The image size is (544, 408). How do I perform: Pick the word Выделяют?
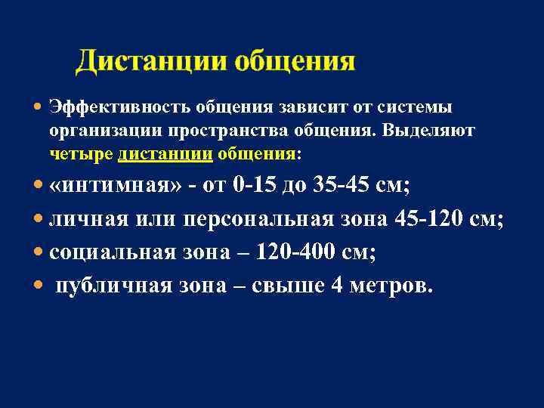[428, 131]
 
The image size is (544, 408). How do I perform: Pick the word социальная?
[104, 253]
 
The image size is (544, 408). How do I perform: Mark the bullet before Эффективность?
[39, 108]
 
